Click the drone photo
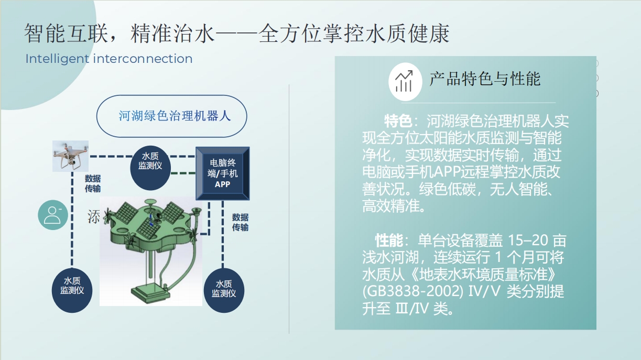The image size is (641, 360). tap(70, 156)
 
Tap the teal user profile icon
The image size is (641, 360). tap(53, 215)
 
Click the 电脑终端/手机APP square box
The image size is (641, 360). tap(223, 173)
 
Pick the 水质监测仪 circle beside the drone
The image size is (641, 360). tap(150, 168)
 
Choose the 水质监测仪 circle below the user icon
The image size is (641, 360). tap(72, 290)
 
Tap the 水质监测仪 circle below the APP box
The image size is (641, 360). tap(224, 290)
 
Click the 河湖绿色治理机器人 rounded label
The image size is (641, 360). tap(172, 116)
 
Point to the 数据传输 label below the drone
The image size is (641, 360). tap(93, 184)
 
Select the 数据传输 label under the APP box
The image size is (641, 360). tap(240, 222)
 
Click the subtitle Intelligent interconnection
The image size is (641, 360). tap(109, 59)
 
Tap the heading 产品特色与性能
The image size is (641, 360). tap(485, 79)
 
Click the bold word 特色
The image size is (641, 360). tap(398, 121)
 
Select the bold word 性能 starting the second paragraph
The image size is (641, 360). tap(389, 241)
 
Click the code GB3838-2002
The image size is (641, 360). tap(413, 291)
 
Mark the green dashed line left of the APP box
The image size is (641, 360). tap(183, 173)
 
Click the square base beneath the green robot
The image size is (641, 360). tap(150, 294)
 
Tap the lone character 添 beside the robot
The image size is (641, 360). tap(94, 216)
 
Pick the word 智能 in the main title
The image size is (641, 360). tap(45, 34)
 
